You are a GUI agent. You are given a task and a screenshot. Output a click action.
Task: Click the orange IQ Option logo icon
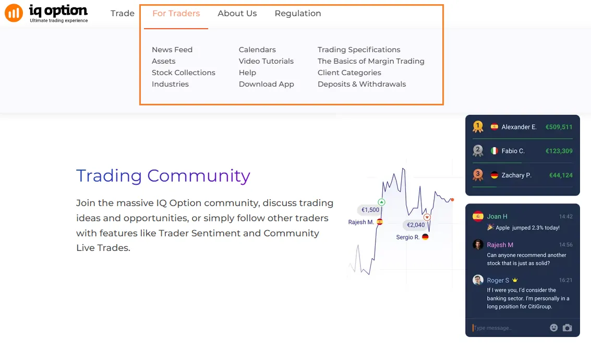click(14, 13)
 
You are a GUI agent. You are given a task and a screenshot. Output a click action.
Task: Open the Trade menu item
click(123, 13)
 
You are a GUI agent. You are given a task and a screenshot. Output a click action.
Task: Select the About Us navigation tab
click(237, 13)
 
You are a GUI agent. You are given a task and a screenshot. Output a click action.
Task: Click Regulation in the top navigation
click(298, 14)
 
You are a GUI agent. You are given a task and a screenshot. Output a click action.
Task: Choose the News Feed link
click(172, 50)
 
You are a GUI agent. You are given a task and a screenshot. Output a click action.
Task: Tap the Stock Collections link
click(184, 73)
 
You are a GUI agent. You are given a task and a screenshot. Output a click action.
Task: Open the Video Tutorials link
click(266, 61)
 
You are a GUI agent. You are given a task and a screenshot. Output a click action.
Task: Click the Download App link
click(267, 84)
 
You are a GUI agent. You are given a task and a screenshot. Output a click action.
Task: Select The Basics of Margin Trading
click(371, 61)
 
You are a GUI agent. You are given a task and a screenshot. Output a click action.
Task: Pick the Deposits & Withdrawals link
click(362, 84)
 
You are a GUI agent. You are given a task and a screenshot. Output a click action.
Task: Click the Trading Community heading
click(163, 176)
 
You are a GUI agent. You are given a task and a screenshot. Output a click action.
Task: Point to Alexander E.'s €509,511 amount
click(559, 127)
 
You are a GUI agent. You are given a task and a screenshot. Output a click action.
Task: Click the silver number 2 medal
click(478, 151)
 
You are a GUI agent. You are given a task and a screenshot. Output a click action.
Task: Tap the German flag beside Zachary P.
click(494, 175)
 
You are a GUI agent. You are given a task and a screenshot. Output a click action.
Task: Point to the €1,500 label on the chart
click(370, 210)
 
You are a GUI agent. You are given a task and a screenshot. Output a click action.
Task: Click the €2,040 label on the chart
click(416, 225)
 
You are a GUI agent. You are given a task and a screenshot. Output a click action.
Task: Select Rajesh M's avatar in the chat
click(478, 244)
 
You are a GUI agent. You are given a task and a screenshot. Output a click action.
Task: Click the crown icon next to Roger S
click(515, 280)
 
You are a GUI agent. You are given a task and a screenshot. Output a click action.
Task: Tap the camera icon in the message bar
click(567, 328)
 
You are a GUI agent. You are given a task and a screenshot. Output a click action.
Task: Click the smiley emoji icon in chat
click(553, 328)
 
